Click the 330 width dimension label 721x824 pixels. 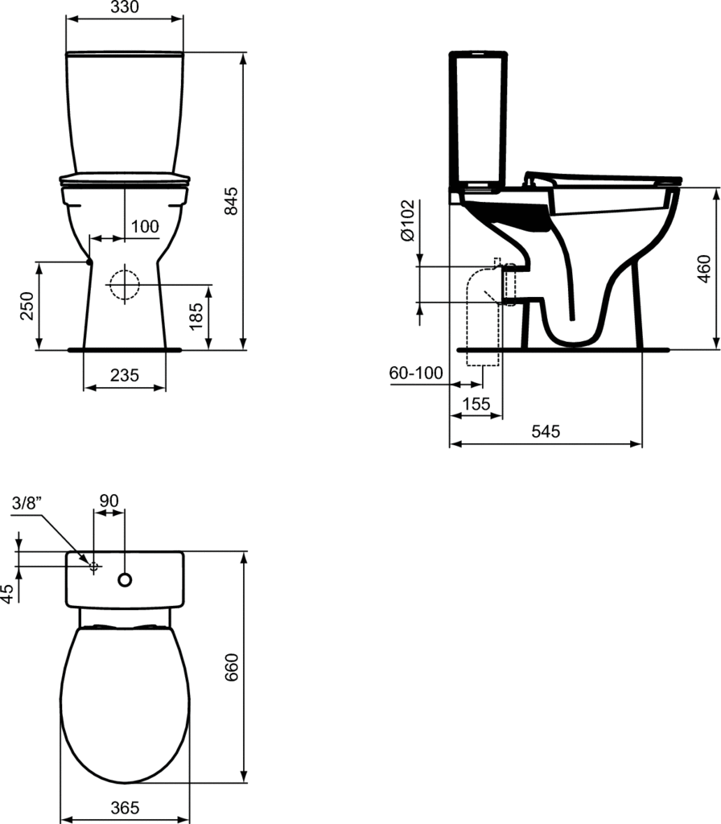tap(125, 6)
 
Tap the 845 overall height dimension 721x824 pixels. tap(231, 200)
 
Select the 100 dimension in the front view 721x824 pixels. tap(145, 226)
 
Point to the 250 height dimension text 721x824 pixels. tap(27, 306)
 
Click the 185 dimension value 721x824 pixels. tap(196, 315)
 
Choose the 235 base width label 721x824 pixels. tap(125, 375)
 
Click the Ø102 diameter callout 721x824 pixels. tap(408, 220)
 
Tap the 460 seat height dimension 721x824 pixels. tap(704, 269)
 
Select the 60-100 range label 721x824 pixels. tap(416, 373)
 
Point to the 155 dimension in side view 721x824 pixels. tap(476, 404)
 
